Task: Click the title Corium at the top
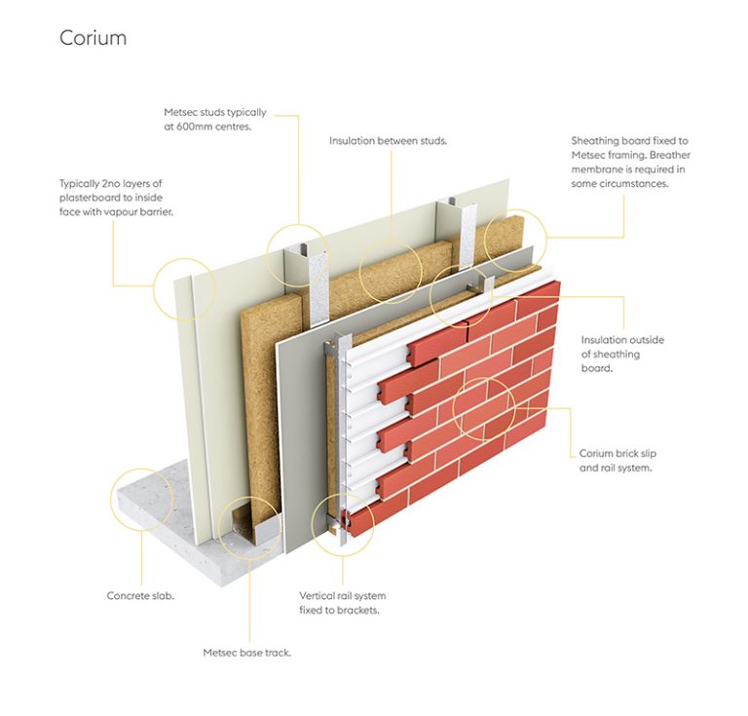tap(93, 38)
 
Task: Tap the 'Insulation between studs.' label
tap(388, 140)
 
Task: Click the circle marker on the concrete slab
tap(143, 498)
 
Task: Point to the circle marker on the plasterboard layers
tap(184, 289)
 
